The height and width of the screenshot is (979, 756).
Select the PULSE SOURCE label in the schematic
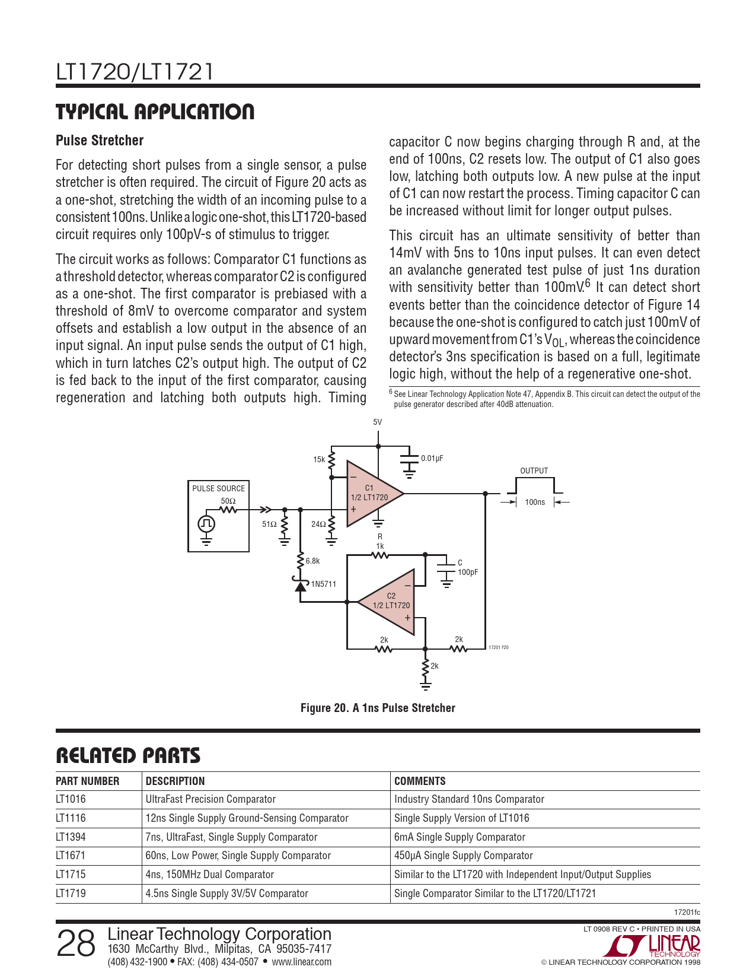click(218, 488)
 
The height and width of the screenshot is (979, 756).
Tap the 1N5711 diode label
click(323, 584)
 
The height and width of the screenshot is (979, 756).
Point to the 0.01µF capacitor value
click(432, 459)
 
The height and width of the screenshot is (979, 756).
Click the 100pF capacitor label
click(468, 573)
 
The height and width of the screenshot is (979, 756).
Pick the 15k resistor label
click(319, 459)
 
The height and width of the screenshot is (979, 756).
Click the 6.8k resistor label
click(312, 561)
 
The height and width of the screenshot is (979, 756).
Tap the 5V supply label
click(378, 422)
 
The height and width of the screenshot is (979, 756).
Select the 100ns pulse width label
click(535, 503)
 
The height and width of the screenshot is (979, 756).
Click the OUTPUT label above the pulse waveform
click(534, 471)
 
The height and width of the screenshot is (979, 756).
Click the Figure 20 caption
click(378, 708)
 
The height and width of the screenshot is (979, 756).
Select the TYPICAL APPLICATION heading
click(155, 112)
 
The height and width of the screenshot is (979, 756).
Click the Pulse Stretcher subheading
click(100, 141)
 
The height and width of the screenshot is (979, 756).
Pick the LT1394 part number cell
click(71, 837)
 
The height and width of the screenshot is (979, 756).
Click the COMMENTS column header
click(420, 781)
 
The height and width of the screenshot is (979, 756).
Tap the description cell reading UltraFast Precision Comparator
click(210, 799)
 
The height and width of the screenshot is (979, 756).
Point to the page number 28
click(75, 943)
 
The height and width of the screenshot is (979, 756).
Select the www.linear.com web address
click(301, 962)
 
